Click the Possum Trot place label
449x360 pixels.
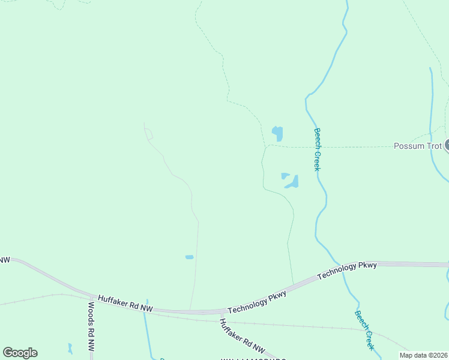pyautogui.click(x=418, y=146)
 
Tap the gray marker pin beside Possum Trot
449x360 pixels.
pyautogui.click(x=447, y=145)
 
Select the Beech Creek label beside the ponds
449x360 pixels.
pyautogui.click(x=317, y=149)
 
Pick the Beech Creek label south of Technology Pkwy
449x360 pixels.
pyautogui.click(x=364, y=330)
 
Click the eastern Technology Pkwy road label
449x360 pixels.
pyautogui.click(x=347, y=270)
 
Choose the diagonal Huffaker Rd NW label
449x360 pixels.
pyautogui.click(x=241, y=335)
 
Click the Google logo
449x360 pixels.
pyautogui.click(x=20, y=353)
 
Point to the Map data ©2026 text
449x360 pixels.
pyautogui.click(x=423, y=355)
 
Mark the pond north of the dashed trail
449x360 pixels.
pyautogui.click(x=277, y=133)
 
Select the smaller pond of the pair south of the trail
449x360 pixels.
pyautogui.click(x=285, y=176)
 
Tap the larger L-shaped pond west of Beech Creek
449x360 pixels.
pyautogui.click(x=293, y=182)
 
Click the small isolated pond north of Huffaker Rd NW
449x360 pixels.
pyautogui.click(x=189, y=257)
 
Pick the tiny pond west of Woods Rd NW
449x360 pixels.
pyautogui.click(x=70, y=348)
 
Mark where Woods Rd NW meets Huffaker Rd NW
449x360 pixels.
pyautogui.click(x=93, y=297)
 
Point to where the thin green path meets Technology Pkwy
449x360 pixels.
pyautogui.click(x=293, y=283)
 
